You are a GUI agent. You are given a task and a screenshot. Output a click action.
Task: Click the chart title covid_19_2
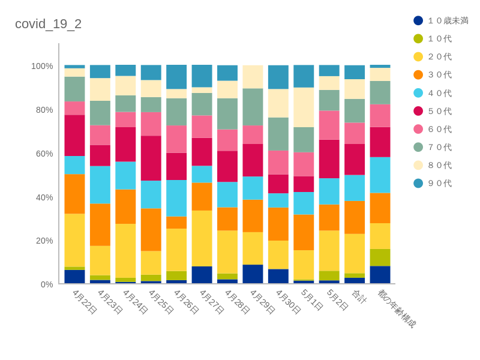pyautogui.click(x=48, y=24)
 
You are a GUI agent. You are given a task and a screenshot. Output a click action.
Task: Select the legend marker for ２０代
pyautogui.click(x=418, y=56)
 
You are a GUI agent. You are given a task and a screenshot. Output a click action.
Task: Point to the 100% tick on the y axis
pyautogui.click(x=42, y=66)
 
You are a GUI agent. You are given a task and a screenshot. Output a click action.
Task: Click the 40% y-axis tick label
pyautogui.click(x=44, y=197)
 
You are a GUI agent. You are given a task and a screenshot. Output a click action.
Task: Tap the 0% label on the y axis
pyautogui.click(x=46, y=284)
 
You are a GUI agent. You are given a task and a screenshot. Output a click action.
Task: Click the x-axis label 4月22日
pyautogui.click(x=85, y=302)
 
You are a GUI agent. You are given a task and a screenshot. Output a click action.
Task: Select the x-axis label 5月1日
pyautogui.click(x=312, y=300)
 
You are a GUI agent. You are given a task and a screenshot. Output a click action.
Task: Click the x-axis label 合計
pyautogui.click(x=359, y=296)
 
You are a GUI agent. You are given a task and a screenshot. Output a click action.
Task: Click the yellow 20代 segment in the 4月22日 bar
pyautogui.click(x=74, y=240)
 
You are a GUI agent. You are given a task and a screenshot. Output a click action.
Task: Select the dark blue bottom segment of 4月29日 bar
pyautogui.click(x=253, y=274)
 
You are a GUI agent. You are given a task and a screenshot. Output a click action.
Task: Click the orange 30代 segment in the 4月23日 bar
pyautogui.click(x=100, y=224)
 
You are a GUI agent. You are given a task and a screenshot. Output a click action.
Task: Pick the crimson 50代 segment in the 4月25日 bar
pyautogui.click(x=151, y=158)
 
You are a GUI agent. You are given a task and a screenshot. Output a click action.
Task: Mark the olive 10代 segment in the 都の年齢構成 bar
pyautogui.click(x=380, y=257)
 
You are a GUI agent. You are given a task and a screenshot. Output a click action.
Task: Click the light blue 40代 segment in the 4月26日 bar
pyautogui.click(x=176, y=198)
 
